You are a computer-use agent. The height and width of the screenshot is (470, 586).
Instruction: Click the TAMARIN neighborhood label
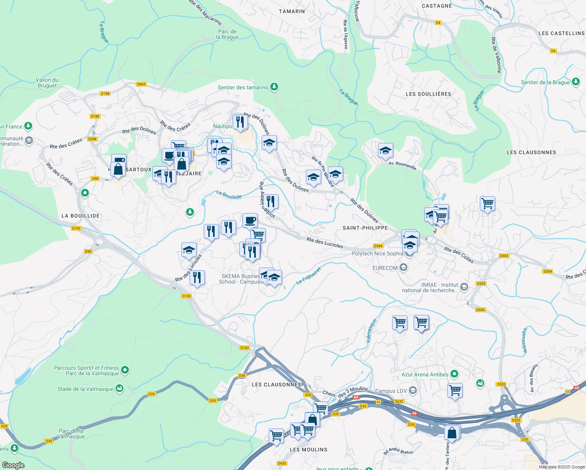pos(292,11)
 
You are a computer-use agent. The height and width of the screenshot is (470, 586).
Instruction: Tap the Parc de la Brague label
pos(228,34)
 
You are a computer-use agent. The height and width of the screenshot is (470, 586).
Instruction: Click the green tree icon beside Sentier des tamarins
pos(274,87)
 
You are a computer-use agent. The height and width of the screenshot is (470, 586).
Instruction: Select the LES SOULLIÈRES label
pos(429,94)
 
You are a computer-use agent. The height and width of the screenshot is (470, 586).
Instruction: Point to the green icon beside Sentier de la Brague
pos(575,82)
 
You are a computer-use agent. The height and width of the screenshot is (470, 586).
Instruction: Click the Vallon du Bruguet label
pos(47,83)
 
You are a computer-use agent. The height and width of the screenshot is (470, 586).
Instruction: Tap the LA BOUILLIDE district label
pos(81,216)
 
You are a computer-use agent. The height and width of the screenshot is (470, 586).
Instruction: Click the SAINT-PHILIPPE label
pos(365,228)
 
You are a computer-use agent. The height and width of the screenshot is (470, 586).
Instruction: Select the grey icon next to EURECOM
pos(404,268)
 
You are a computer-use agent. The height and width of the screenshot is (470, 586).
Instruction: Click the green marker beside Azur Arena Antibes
pos(454,374)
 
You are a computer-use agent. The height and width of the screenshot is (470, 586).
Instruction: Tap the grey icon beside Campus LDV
pos(412,390)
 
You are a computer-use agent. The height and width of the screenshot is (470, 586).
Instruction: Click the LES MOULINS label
pos(309,450)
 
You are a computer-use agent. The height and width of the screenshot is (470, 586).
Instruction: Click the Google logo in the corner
pos(13,465)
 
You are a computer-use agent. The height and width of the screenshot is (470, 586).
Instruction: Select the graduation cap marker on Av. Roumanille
pos(385,151)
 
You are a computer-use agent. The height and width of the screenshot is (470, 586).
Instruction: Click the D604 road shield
pos(141,84)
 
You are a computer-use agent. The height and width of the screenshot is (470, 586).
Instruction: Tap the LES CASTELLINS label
pos(561,33)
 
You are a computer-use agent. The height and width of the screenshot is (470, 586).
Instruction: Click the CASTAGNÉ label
pos(437,6)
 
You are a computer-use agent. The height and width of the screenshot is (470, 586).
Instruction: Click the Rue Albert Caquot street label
pos(267,200)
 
